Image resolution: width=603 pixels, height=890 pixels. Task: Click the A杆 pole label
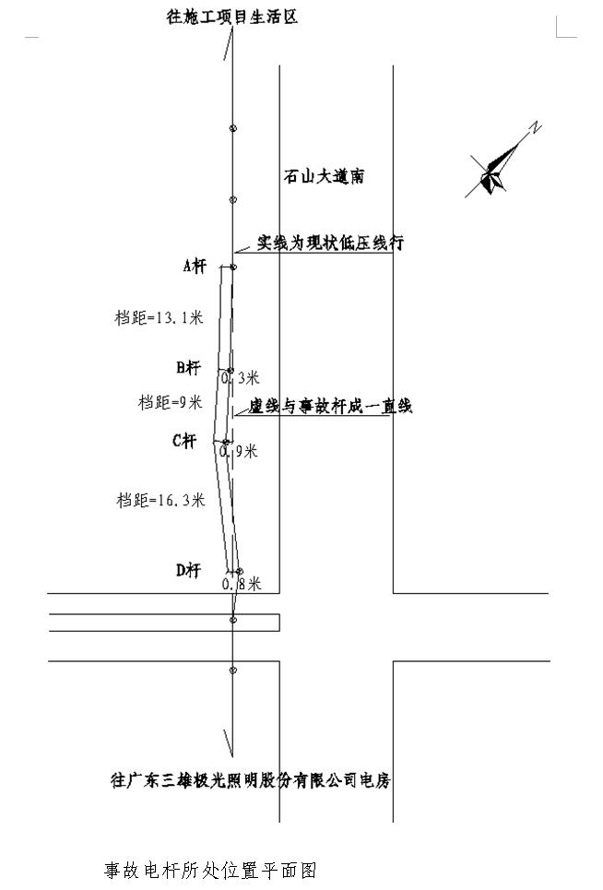point(195,266)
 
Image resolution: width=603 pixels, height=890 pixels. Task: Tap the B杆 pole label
point(188,368)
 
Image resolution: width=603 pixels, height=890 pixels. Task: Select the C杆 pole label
point(184,441)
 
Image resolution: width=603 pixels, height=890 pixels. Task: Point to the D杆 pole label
point(188,570)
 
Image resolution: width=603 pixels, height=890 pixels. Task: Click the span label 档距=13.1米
point(159,317)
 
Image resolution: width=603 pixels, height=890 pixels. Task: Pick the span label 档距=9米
point(171,402)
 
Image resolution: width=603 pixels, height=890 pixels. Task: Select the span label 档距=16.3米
point(160,500)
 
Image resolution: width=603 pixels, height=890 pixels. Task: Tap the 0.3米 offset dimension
point(240,377)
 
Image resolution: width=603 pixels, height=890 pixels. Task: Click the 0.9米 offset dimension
point(239,451)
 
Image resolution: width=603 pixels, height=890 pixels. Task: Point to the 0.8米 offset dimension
point(242,584)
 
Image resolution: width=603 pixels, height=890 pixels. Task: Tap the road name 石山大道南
point(324,176)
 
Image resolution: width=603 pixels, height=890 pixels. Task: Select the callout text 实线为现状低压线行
point(330,243)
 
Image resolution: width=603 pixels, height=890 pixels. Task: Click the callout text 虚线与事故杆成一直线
point(330,406)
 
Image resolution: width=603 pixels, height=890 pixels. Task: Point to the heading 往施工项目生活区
point(232,17)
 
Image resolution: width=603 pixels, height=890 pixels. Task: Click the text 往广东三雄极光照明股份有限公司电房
point(251,780)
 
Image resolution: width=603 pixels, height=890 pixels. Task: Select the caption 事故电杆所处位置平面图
point(210,870)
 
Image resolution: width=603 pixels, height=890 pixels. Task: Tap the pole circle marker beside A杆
point(233,267)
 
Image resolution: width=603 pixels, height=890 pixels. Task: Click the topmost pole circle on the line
point(232,128)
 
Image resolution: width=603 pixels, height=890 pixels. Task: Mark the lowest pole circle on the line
point(232,670)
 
